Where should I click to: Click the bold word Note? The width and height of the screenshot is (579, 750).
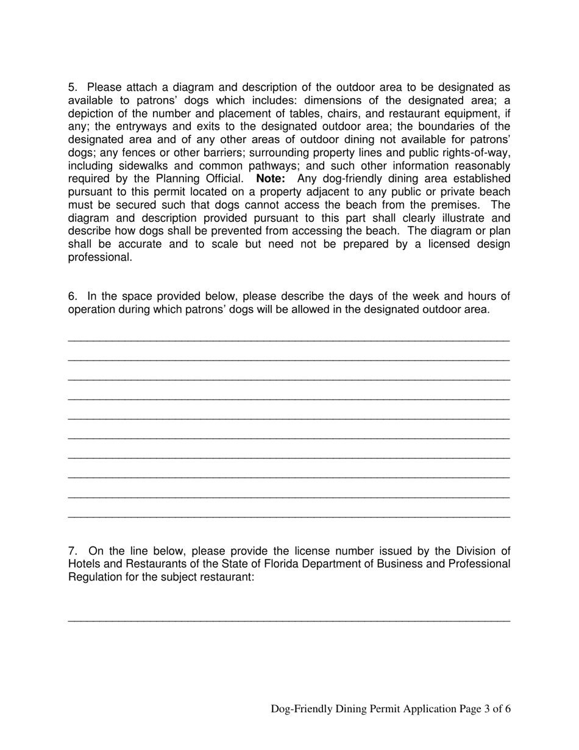271,179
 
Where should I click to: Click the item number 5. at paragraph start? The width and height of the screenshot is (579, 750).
73,88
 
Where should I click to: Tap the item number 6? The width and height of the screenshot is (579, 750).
73,296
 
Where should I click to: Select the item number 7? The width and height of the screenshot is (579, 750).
73,551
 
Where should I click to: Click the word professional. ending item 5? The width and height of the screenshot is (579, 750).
100,257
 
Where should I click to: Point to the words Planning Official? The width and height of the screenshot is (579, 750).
200,179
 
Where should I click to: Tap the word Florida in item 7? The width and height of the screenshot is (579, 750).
260,563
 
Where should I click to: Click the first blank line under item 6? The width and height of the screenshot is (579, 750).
289,340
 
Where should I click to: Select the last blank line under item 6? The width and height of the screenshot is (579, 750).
289,518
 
